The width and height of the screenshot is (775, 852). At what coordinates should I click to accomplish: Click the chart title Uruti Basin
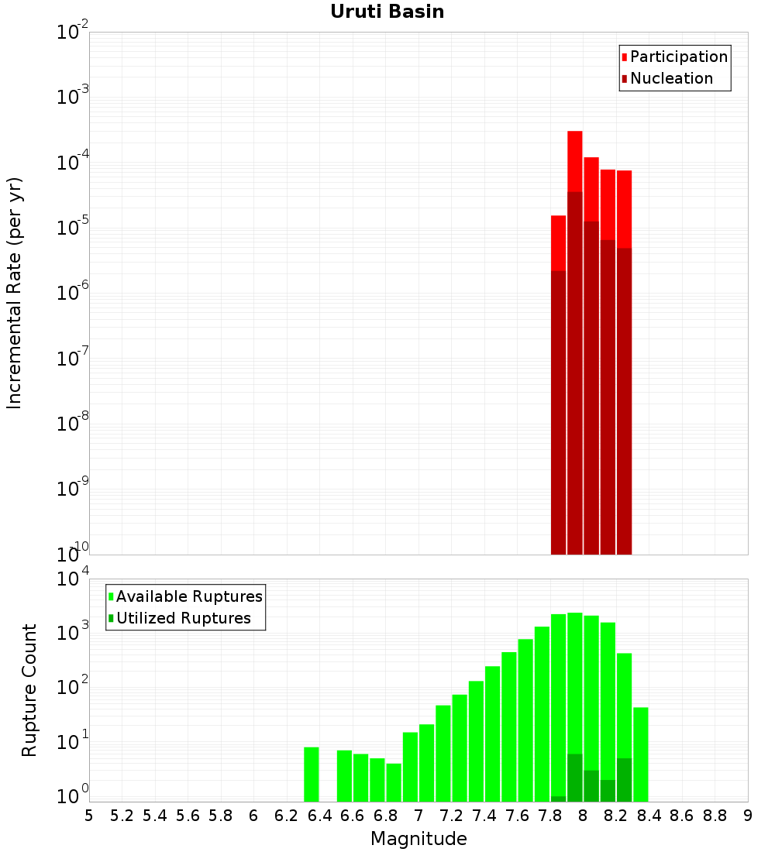point(387,12)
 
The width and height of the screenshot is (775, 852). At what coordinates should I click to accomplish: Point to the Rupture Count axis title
point(29,690)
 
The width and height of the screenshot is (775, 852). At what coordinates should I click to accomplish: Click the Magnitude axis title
point(418,839)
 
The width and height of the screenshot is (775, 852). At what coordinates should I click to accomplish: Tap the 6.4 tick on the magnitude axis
point(319,816)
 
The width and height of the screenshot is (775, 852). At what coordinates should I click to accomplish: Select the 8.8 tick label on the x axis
point(715,816)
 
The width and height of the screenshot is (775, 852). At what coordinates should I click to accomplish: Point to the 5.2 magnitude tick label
point(122,816)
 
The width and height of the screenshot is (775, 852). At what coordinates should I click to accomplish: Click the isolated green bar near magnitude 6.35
point(311,775)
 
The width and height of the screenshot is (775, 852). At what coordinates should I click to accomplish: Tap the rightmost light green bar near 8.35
point(641,754)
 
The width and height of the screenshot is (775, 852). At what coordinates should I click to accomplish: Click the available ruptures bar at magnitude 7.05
point(426,763)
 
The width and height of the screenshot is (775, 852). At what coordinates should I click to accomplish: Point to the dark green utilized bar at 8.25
point(624,780)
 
